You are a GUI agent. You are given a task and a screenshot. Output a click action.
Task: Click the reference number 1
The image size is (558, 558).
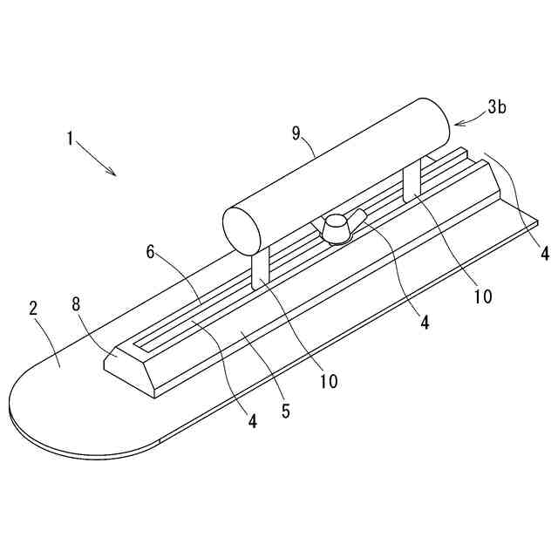point(69,138)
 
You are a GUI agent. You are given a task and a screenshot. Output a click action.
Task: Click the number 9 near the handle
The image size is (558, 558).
point(296,133)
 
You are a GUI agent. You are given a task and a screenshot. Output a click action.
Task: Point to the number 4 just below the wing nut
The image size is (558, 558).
point(424,323)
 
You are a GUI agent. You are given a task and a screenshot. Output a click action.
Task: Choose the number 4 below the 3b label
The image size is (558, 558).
point(544,254)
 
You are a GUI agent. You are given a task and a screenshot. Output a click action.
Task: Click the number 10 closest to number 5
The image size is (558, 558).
point(329,381)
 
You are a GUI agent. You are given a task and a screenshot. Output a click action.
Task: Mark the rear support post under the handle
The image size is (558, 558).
point(412,183)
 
